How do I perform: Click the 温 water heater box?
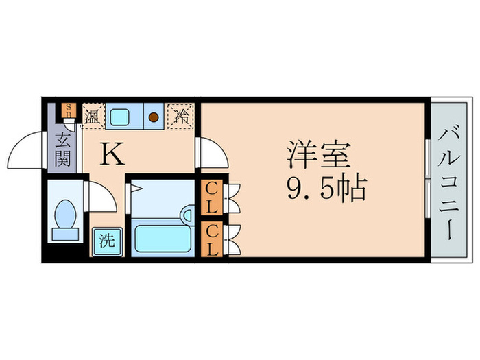tap(92, 115)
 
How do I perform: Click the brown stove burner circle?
tap(154, 116)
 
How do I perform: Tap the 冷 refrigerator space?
tap(182, 115)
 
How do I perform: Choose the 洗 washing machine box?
tap(107, 241)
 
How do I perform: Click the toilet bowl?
tap(67, 213)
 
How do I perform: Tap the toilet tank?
tap(66, 234)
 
